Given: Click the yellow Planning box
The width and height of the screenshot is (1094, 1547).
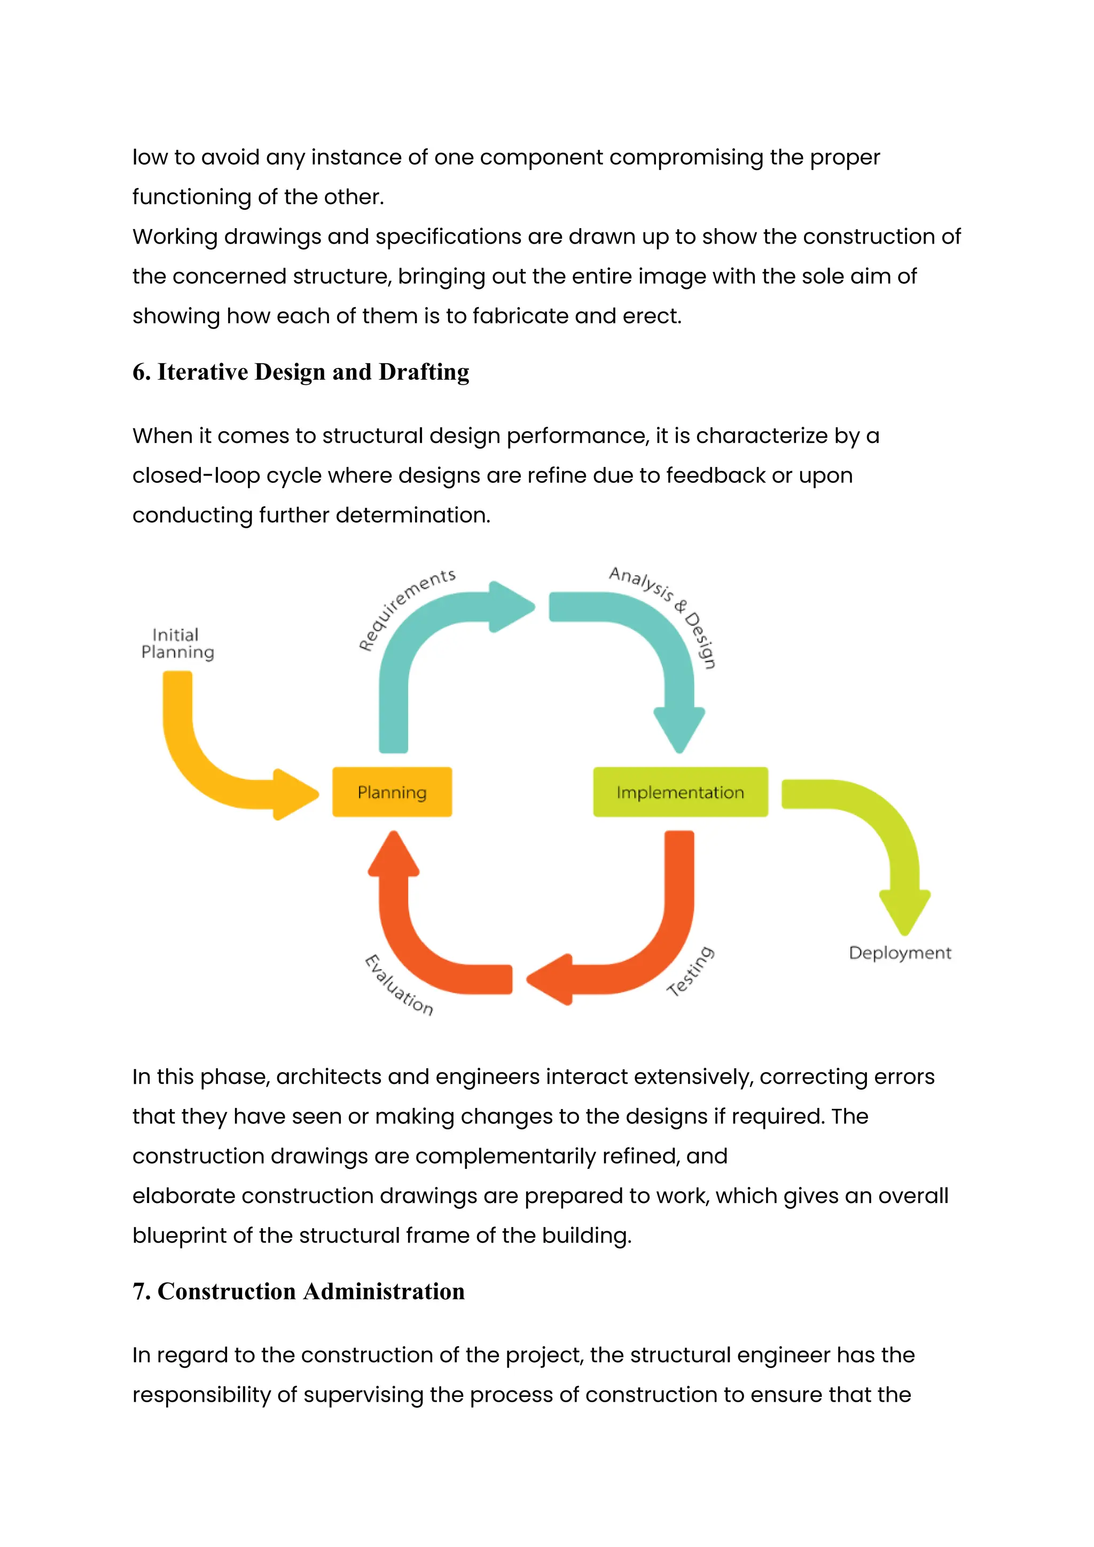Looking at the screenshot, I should pos(392,792).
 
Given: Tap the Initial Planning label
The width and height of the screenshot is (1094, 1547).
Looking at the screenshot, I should pos(176,644).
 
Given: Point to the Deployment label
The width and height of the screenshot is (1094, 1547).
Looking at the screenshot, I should pos(900,953).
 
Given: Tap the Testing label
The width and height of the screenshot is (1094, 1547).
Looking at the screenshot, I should pos(691,971).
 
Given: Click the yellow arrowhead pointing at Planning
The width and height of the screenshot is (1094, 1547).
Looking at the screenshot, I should pos(294,794).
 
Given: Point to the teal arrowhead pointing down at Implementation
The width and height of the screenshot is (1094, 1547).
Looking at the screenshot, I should pos(679,730).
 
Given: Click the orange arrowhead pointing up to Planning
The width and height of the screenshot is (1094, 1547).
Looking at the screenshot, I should pos(393,854).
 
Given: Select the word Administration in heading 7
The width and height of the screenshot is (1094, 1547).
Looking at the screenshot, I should pos(384,1291).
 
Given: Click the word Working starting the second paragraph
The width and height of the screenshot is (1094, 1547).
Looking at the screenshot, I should pos(175,237).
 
